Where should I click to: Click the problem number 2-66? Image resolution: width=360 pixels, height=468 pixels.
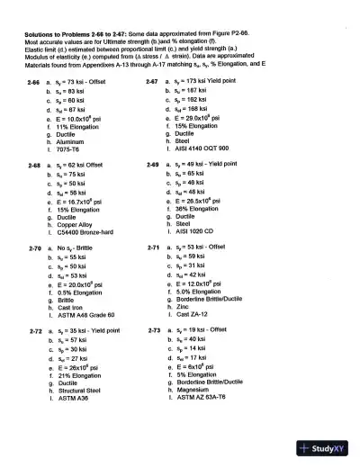coord(34,81)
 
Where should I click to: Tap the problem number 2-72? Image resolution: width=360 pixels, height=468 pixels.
coord(34,331)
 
